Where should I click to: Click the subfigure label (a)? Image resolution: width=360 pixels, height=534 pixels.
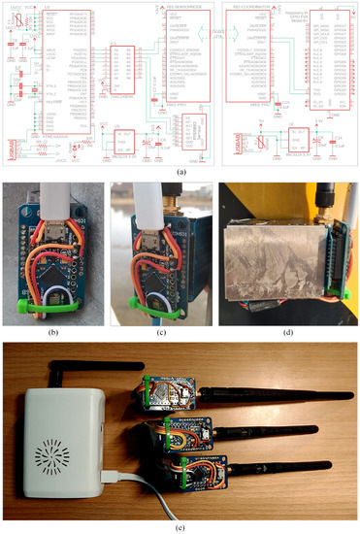click(180, 173)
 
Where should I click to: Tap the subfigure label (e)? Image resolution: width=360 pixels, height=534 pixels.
click(180, 526)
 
